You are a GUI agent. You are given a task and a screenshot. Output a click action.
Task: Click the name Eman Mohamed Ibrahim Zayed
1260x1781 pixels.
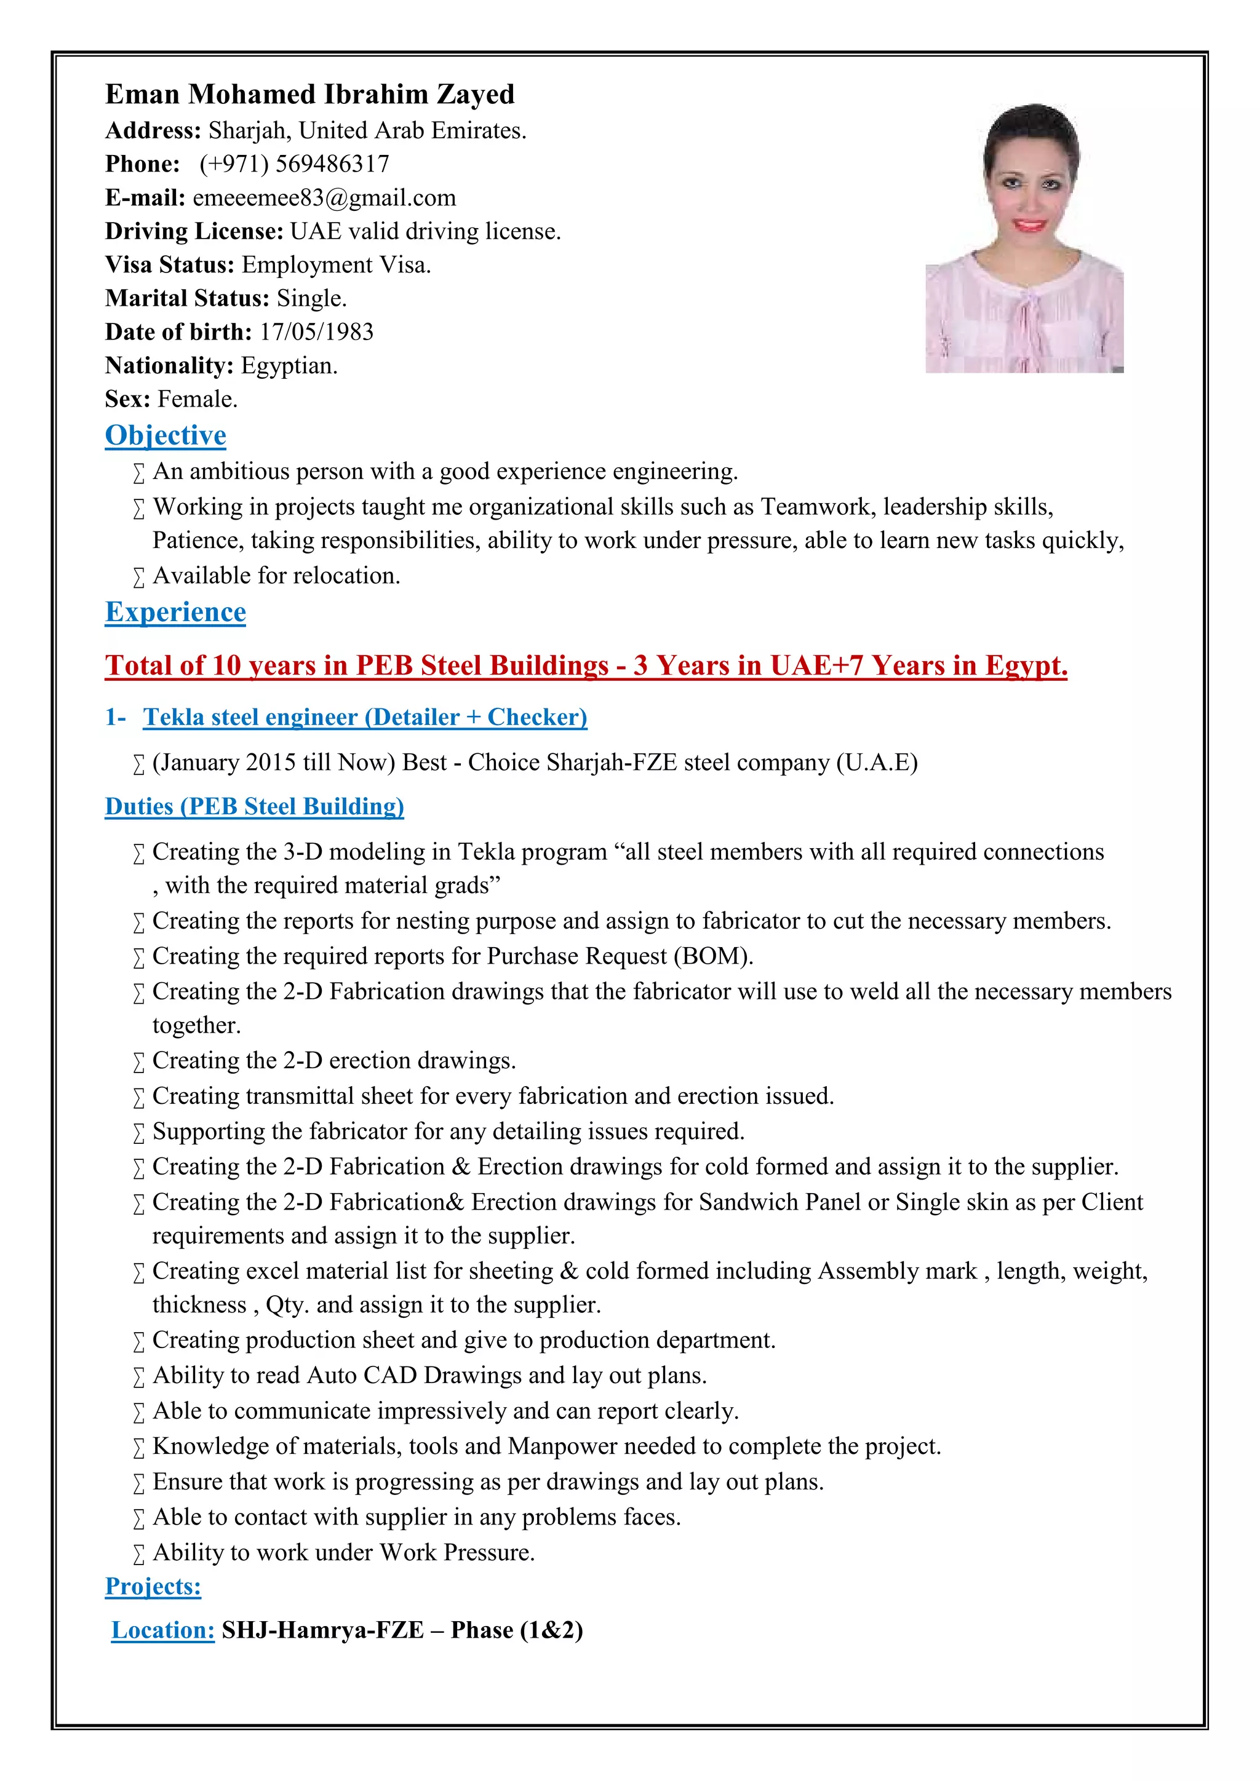pos(309,95)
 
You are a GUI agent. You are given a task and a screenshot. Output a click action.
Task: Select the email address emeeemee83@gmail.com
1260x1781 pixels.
pos(324,198)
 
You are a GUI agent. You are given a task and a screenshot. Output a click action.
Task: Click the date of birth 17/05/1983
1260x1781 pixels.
pos(317,332)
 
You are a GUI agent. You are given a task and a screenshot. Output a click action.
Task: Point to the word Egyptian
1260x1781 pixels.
pos(289,365)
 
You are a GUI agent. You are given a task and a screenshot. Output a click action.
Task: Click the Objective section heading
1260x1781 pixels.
pos(165,435)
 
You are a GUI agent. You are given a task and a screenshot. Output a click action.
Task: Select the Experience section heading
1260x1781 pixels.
pos(175,612)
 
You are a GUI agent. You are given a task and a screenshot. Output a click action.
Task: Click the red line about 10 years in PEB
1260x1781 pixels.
pos(586,665)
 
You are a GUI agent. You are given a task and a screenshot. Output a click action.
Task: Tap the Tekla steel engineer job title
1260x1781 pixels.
pos(365,718)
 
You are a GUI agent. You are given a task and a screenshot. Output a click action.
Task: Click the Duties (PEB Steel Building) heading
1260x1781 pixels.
pos(255,807)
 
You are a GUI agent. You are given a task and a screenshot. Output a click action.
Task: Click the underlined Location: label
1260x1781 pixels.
pos(163,1630)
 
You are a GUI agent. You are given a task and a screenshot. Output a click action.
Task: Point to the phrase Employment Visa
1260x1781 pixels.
pos(335,265)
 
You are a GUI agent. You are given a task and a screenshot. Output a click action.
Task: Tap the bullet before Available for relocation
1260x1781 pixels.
pos(139,577)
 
